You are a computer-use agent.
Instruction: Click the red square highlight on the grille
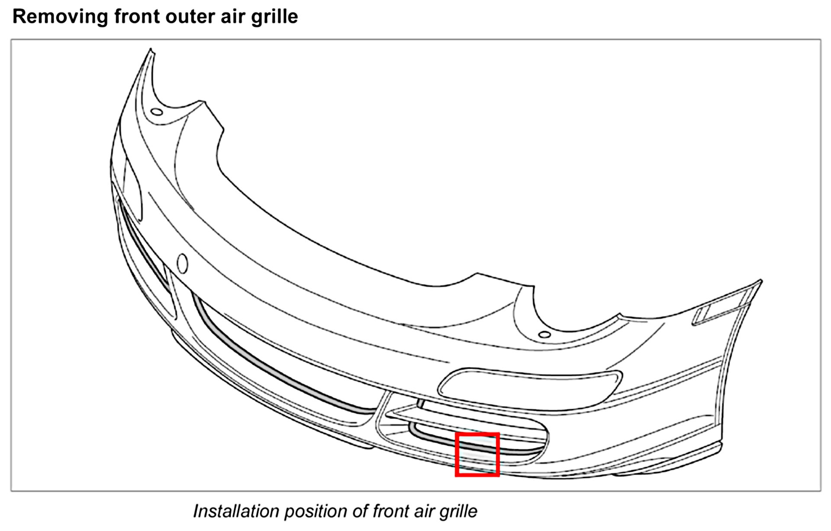477,454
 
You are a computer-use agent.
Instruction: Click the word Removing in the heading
60,17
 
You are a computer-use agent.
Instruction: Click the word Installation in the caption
235,511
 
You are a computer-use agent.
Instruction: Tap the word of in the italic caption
360,511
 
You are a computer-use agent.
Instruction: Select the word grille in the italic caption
458,511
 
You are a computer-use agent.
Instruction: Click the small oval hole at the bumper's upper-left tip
157,112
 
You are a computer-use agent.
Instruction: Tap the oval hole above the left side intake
183,263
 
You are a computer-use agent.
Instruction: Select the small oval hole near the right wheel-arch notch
545,335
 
